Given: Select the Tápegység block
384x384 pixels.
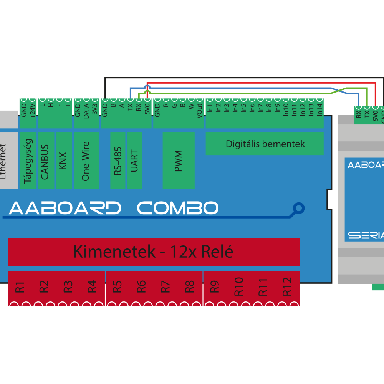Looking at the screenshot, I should tap(28, 161).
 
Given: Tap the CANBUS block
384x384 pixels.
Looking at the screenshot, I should tap(46, 161).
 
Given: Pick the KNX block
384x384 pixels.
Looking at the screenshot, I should tap(64, 161).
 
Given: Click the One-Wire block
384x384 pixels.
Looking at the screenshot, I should tap(86, 161).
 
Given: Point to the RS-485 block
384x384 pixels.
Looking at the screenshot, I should tap(118, 161).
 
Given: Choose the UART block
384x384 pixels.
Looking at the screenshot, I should tap(134, 161).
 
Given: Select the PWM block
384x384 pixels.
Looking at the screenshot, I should tap(179, 161).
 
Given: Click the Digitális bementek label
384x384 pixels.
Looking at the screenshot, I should tap(265, 144).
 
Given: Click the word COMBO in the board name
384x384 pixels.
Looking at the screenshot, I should tap(178, 208).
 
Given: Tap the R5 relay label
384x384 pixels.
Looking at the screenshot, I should tap(117, 286).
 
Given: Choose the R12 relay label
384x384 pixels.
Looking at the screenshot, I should tap(287, 286).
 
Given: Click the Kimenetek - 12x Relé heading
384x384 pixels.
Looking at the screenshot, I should tap(154, 252).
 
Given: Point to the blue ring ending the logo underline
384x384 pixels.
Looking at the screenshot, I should tap(298, 209).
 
